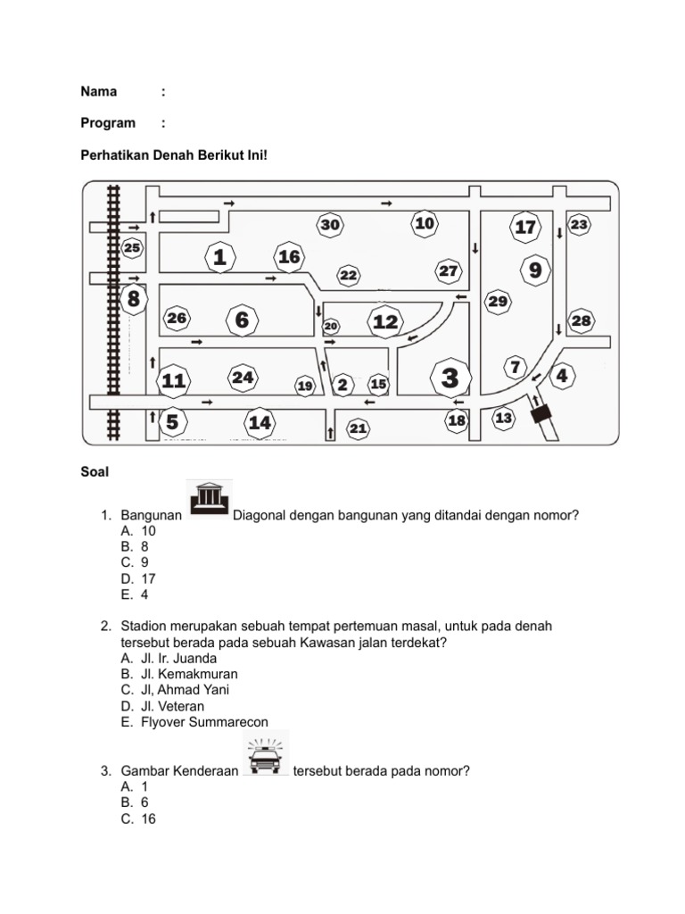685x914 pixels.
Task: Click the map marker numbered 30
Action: [330, 225]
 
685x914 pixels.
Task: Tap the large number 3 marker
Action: [450, 378]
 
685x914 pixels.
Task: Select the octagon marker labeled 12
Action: [385, 321]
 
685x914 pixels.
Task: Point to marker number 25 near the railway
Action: [133, 248]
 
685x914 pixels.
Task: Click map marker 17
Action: [525, 227]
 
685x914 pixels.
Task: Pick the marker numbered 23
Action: [579, 225]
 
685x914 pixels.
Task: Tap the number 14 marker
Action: [260, 422]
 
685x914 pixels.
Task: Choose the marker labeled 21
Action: [358, 429]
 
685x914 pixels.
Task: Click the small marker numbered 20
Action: [331, 327]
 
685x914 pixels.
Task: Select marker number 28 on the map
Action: [581, 320]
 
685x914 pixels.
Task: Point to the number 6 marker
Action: [242, 320]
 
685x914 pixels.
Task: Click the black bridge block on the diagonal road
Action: [541, 415]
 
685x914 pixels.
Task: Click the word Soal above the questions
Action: [95, 472]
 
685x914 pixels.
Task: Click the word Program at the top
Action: [108, 123]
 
